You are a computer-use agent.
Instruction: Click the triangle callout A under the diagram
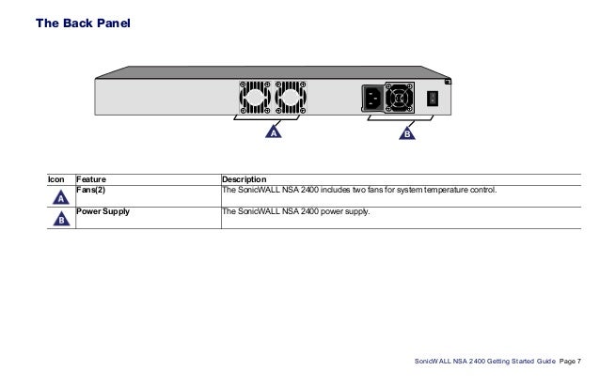point(273,133)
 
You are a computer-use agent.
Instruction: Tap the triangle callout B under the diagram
point(407,133)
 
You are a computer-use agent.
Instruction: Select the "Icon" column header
point(57,179)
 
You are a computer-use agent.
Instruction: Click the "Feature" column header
point(91,179)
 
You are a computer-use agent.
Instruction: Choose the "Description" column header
point(244,179)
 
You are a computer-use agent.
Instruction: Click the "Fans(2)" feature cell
point(91,190)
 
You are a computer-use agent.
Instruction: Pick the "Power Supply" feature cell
point(103,212)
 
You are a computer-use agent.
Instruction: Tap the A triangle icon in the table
point(59,198)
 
